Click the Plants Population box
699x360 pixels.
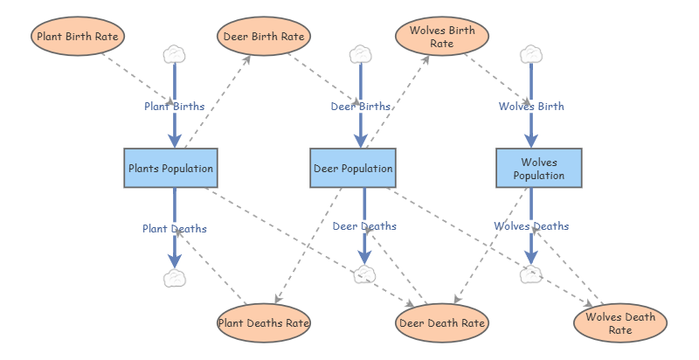170,168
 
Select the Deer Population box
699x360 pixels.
353,168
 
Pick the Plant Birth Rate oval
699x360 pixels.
78,37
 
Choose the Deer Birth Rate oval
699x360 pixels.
263,37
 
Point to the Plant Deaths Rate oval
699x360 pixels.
264,322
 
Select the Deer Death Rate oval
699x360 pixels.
441,322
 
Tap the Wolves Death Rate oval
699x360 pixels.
620,322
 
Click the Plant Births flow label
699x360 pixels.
175,106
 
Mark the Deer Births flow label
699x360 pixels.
361,106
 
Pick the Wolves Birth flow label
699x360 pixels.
531,106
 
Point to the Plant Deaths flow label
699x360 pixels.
175,228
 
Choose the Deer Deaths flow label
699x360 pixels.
364,225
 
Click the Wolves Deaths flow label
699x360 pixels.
531,225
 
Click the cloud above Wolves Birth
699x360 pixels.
530,54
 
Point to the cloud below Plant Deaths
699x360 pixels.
175,278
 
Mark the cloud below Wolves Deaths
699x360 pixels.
530,275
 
